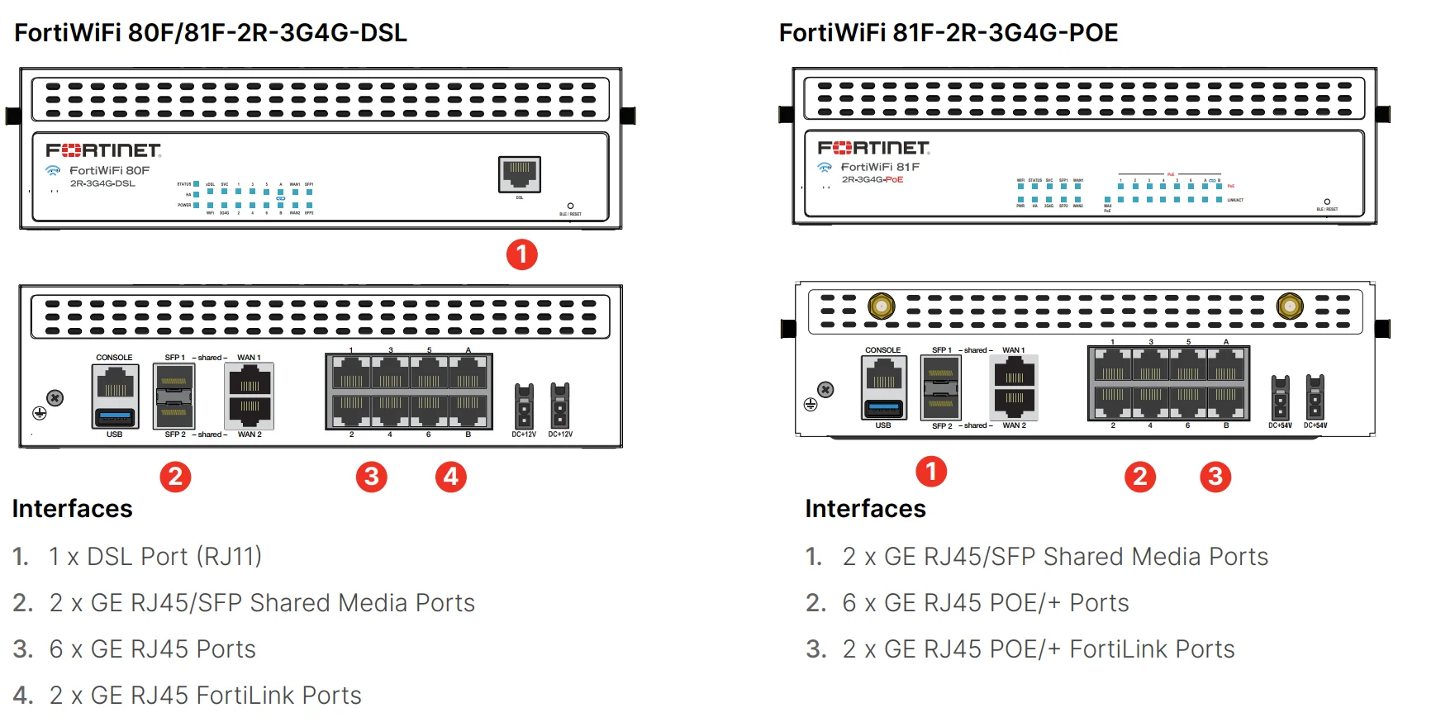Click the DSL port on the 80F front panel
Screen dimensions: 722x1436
520,173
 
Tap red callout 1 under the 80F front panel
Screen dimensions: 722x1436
521,254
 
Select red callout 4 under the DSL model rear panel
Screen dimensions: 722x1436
450,477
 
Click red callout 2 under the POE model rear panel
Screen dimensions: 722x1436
1139,477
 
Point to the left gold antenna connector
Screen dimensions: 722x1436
881,306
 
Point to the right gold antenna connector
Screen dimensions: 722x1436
1289,306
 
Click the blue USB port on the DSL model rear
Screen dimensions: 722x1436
115,416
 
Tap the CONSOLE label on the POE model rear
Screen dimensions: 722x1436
882,350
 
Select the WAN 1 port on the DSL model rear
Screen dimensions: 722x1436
250,385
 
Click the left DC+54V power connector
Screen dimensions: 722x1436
1280,397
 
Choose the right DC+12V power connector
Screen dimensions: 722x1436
559,405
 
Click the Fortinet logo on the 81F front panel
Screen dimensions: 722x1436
873,148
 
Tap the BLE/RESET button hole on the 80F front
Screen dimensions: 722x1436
570,206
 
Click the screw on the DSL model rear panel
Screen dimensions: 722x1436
55,398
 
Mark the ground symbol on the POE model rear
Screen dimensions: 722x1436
811,404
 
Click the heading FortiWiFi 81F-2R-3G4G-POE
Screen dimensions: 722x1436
948,33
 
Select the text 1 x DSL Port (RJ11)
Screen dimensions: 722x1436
155,557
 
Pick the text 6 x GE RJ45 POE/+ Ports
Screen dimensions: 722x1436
985,603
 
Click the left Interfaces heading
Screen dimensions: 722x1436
73,509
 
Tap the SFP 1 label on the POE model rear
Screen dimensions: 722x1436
941,350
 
